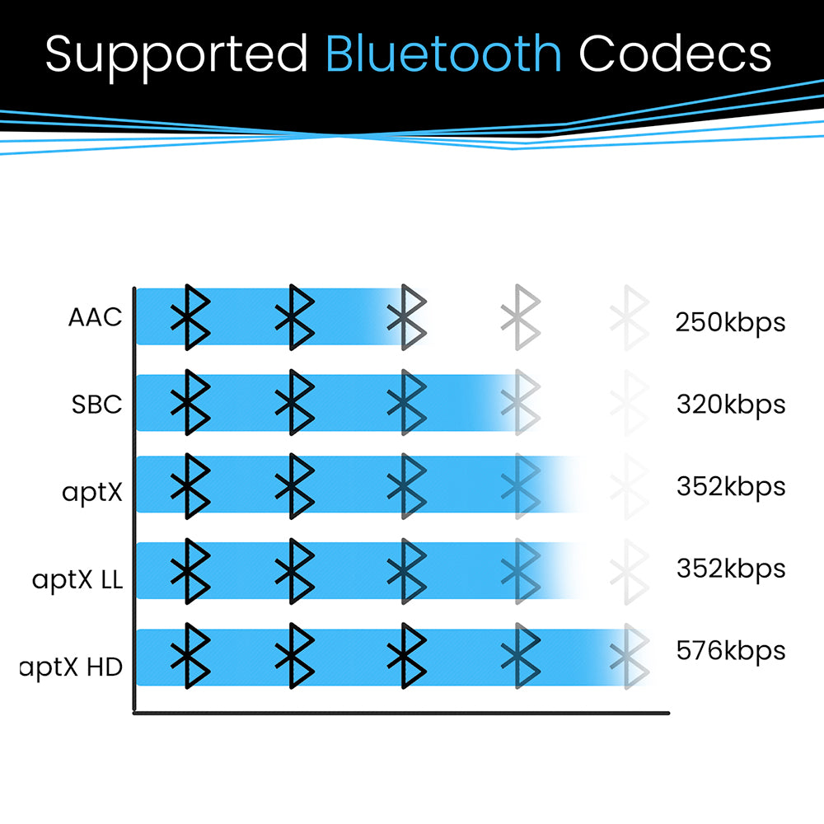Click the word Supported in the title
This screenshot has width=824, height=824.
click(176, 55)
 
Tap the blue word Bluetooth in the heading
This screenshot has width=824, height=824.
click(443, 54)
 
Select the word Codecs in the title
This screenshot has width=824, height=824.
click(675, 54)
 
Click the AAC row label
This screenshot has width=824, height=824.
click(96, 317)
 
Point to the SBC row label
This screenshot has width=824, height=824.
click(96, 405)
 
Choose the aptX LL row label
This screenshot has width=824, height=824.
click(77, 579)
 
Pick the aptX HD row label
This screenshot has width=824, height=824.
click(73, 666)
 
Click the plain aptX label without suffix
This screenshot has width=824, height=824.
click(91, 492)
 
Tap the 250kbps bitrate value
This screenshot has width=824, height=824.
click(730, 322)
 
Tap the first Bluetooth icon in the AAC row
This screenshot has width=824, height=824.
click(190, 316)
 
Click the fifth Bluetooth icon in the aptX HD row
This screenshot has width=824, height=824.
click(630, 656)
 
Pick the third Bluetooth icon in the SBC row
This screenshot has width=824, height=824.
click(407, 402)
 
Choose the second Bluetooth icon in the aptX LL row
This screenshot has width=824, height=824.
click(294, 570)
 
